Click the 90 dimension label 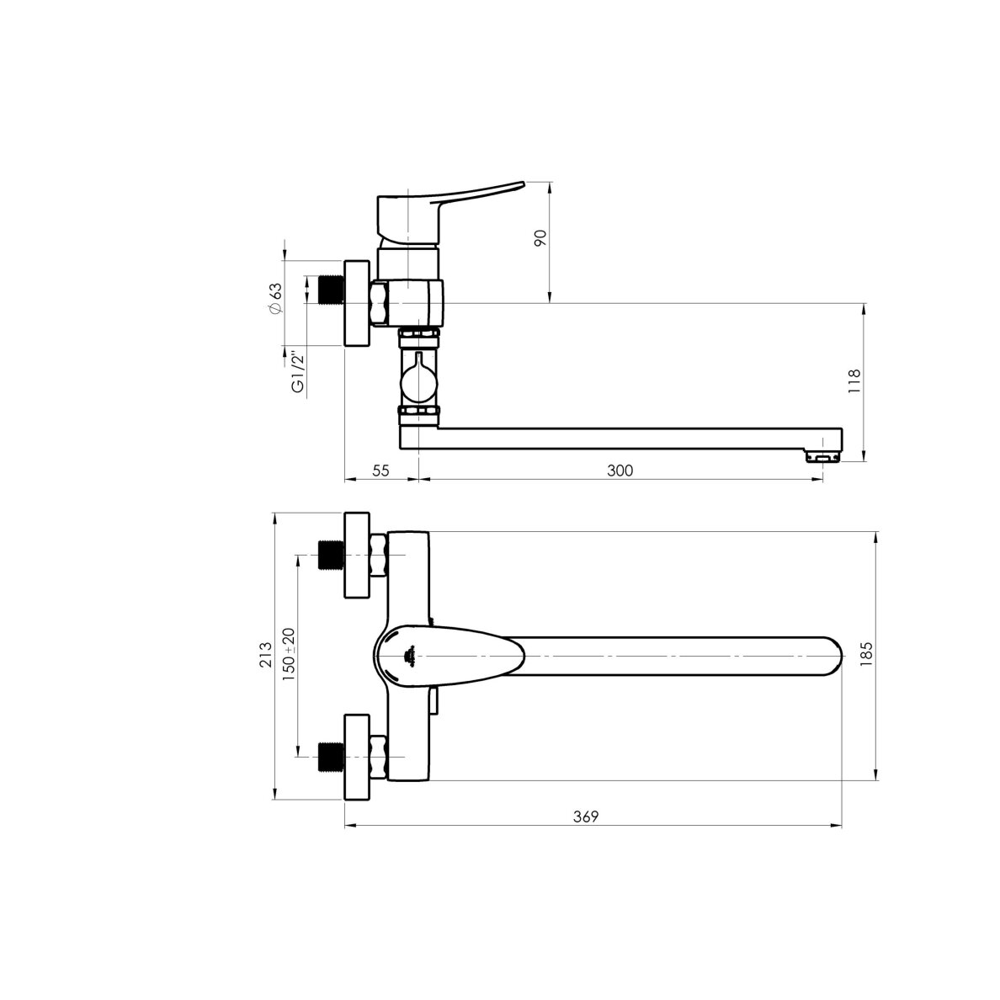point(540,238)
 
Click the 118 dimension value point(854,380)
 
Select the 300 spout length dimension point(620,471)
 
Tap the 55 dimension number point(380,471)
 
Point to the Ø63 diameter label point(275,299)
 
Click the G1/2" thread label point(298,371)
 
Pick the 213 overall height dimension point(266,655)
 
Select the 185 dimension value point(866,655)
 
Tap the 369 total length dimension point(586,817)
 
